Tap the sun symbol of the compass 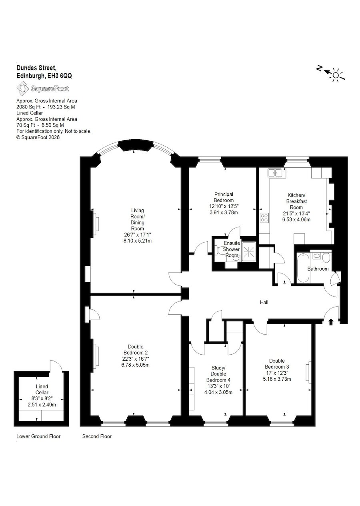pyautogui.click(x=336, y=75)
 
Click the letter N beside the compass pyautogui.click(x=319, y=68)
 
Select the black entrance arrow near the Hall pyautogui.click(x=331, y=322)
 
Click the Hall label pyautogui.click(x=264, y=302)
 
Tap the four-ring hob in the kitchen pyautogui.click(x=264, y=218)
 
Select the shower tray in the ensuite pyautogui.click(x=249, y=252)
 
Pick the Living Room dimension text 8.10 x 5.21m pyautogui.click(x=138, y=241)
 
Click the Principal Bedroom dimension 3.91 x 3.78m pyautogui.click(x=224, y=212)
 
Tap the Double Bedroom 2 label pyautogui.click(x=136, y=349)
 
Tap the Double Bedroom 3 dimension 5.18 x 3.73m pyautogui.click(x=277, y=379)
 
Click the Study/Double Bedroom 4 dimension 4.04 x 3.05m pyautogui.click(x=218, y=392)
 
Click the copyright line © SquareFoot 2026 pyautogui.click(x=38, y=137)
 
